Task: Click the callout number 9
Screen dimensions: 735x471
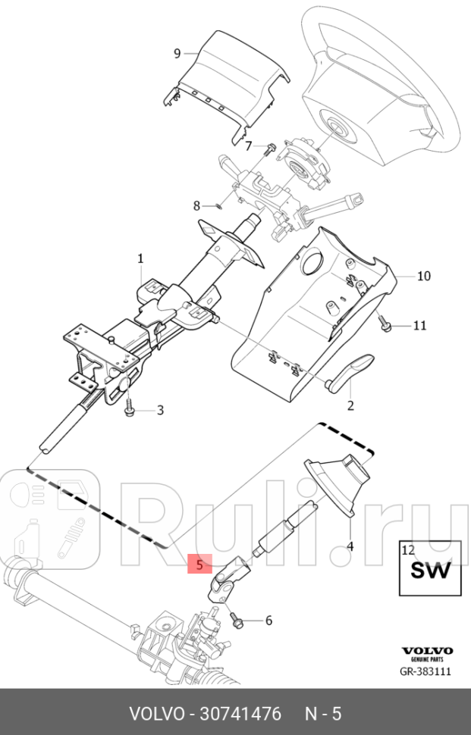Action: pyautogui.click(x=177, y=53)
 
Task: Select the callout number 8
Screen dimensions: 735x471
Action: pyautogui.click(x=196, y=205)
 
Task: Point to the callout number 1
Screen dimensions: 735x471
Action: pyautogui.click(x=140, y=259)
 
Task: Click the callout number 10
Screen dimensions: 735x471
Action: pyautogui.click(x=423, y=276)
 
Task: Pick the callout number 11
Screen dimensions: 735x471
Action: pyautogui.click(x=419, y=326)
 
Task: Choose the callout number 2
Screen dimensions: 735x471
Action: pyautogui.click(x=350, y=405)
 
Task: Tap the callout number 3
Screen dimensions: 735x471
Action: pyautogui.click(x=160, y=411)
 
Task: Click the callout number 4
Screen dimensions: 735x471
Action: pyautogui.click(x=350, y=546)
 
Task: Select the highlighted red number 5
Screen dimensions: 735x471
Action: pyautogui.click(x=199, y=565)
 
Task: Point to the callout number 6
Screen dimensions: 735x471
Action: pyautogui.click(x=268, y=621)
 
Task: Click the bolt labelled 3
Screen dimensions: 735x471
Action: pyautogui.click(x=128, y=409)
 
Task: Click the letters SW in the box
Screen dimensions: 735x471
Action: pyautogui.click(x=430, y=571)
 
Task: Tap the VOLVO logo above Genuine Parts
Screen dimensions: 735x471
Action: pyautogui.click(x=426, y=651)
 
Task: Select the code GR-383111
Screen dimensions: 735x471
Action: pyautogui.click(x=425, y=671)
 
